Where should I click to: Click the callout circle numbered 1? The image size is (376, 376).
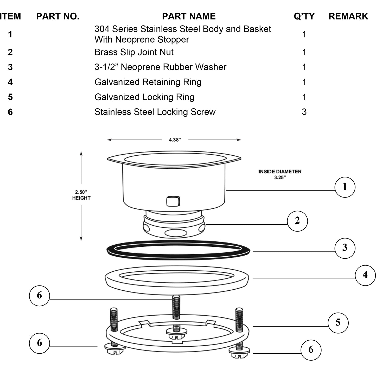[x=345, y=187]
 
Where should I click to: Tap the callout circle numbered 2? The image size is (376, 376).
[x=297, y=221]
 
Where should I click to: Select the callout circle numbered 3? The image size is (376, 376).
[x=345, y=248]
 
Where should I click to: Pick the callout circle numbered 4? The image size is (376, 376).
[x=365, y=275]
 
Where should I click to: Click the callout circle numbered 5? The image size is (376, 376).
[x=338, y=323]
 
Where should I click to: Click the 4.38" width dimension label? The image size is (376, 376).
[x=175, y=140]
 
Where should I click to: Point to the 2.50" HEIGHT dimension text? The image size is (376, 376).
[x=81, y=195]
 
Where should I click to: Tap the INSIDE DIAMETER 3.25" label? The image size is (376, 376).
[x=280, y=175]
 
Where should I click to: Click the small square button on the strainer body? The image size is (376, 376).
[x=173, y=201]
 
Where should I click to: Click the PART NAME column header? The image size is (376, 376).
[x=189, y=16]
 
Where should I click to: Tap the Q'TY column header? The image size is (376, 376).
[x=304, y=16]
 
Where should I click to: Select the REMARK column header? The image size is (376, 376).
[x=348, y=16]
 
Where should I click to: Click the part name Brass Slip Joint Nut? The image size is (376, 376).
[x=134, y=52]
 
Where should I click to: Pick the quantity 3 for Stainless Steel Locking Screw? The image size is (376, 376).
[x=304, y=112]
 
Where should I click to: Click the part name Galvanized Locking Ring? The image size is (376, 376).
[x=144, y=97]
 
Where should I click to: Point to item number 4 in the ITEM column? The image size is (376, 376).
[x=10, y=82]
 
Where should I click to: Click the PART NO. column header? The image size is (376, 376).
[x=58, y=16]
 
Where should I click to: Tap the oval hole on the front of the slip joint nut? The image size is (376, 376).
[x=174, y=233]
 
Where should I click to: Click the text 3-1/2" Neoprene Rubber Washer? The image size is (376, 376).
[x=160, y=67]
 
